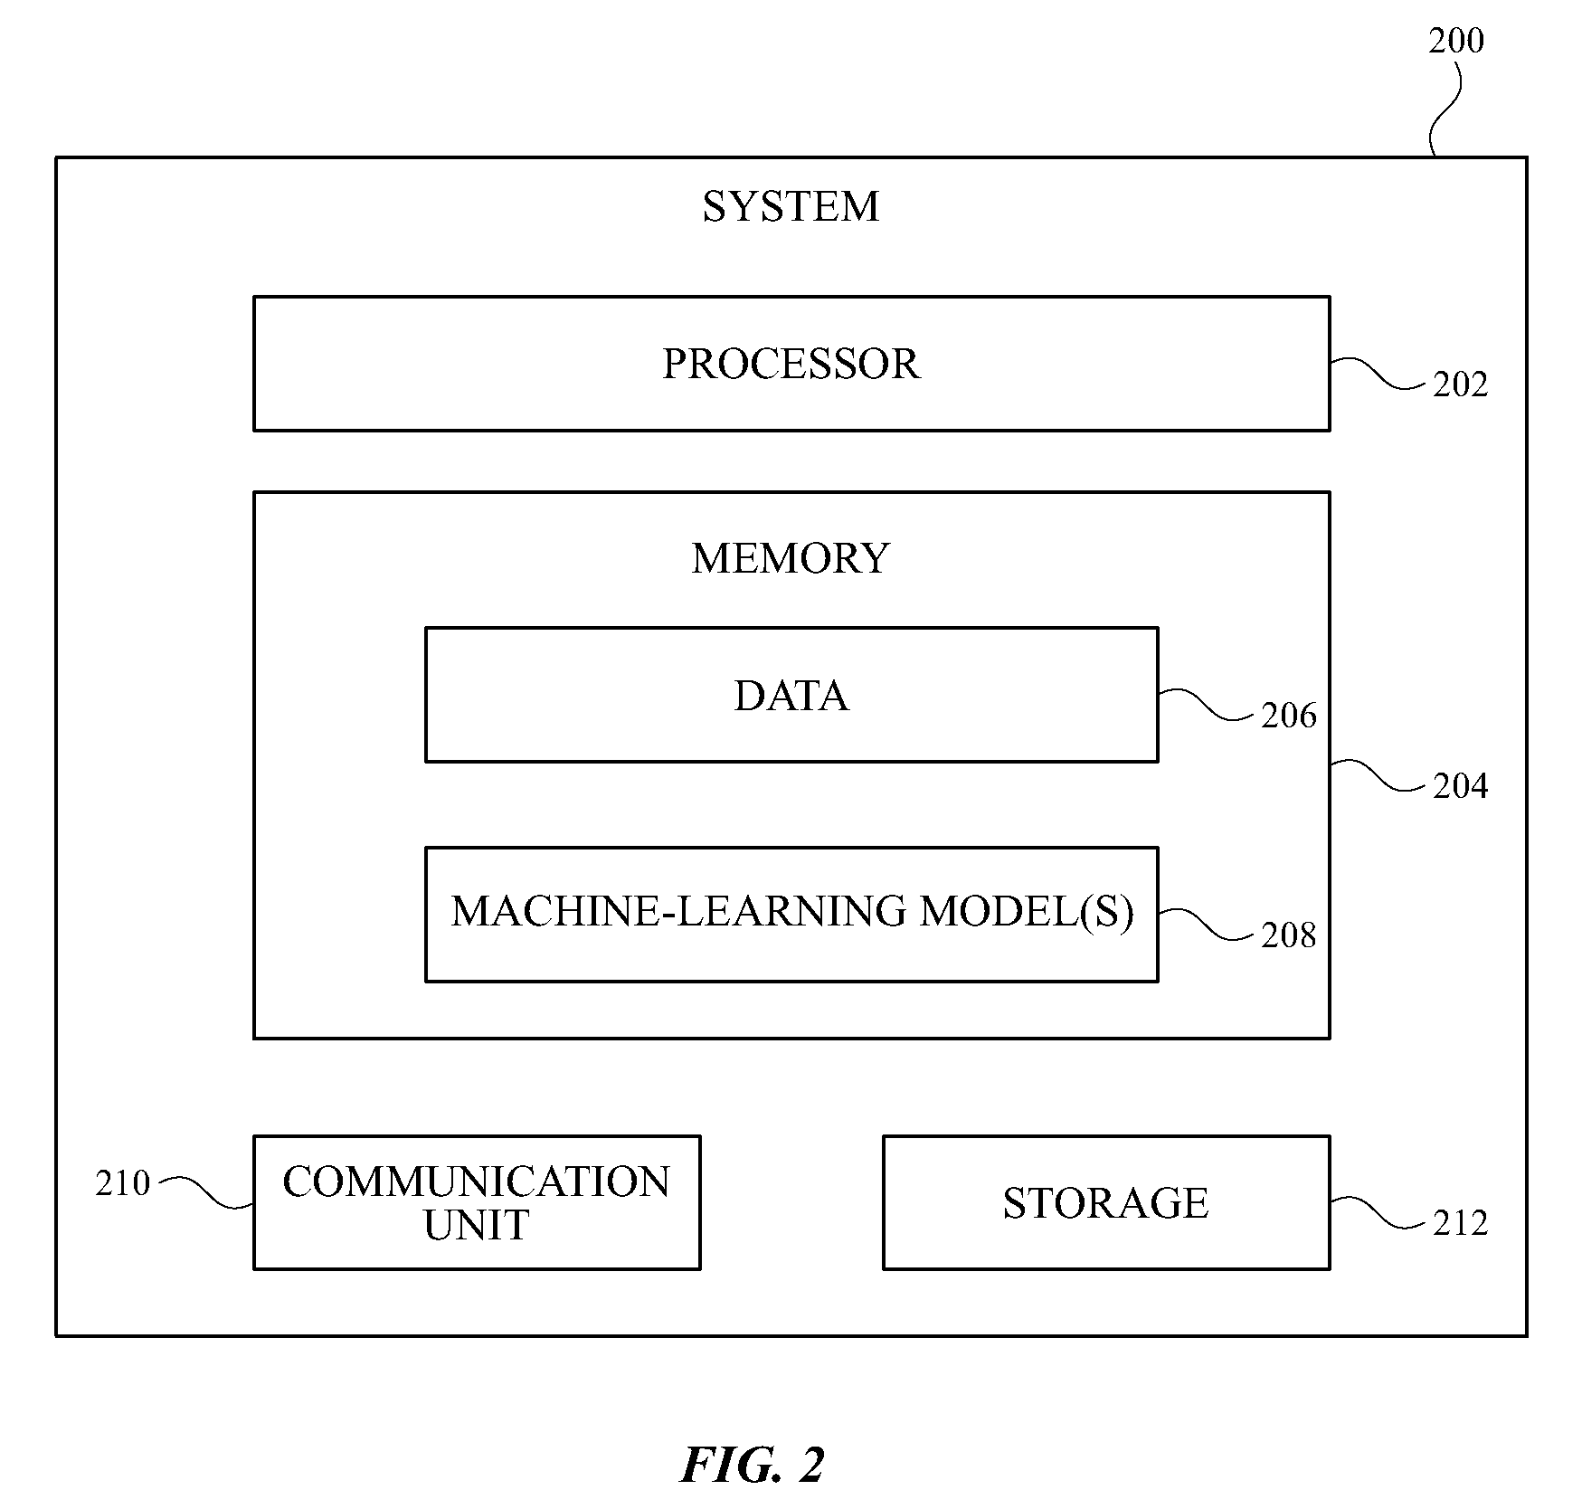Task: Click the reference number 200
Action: [x=1455, y=41]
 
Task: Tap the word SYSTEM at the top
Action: [x=791, y=206]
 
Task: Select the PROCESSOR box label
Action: [x=791, y=364]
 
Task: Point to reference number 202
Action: [x=1460, y=384]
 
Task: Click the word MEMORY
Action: [x=791, y=558]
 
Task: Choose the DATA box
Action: [x=791, y=695]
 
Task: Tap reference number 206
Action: [x=1289, y=716]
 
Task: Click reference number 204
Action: [x=1460, y=786]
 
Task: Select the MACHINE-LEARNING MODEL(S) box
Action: [x=791, y=915]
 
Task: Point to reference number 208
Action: [x=1289, y=935]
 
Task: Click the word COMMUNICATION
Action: [x=477, y=1182]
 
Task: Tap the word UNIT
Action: [x=476, y=1225]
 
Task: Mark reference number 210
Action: [x=122, y=1183]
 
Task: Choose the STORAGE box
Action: [x=1106, y=1202]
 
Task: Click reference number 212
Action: [x=1460, y=1223]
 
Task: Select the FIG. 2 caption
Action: [x=753, y=1466]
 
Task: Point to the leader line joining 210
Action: [x=205, y=1192]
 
